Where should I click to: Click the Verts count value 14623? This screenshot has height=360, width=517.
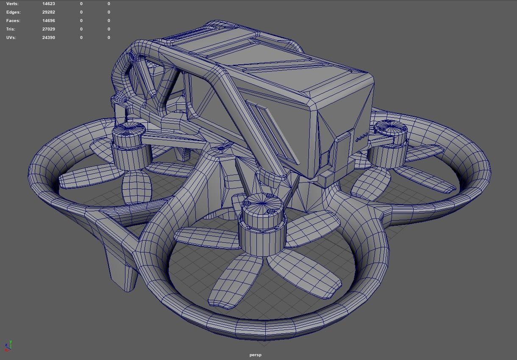[49, 4]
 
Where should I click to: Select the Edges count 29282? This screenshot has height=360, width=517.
[49, 12]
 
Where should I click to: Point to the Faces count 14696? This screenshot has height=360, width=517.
[49, 21]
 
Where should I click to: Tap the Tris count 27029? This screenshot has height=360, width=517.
[49, 29]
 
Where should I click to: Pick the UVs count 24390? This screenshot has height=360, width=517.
[49, 38]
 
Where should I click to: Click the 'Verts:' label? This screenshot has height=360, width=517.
[13, 4]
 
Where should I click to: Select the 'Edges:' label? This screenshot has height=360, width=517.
[14, 12]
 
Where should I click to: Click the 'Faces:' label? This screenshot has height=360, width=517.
[13, 21]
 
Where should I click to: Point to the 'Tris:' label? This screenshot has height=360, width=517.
[11, 29]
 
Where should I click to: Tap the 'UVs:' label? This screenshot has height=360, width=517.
[12, 38]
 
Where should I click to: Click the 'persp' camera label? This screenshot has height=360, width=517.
[256, 355]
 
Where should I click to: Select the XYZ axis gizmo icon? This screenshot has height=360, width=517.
[8, 346]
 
